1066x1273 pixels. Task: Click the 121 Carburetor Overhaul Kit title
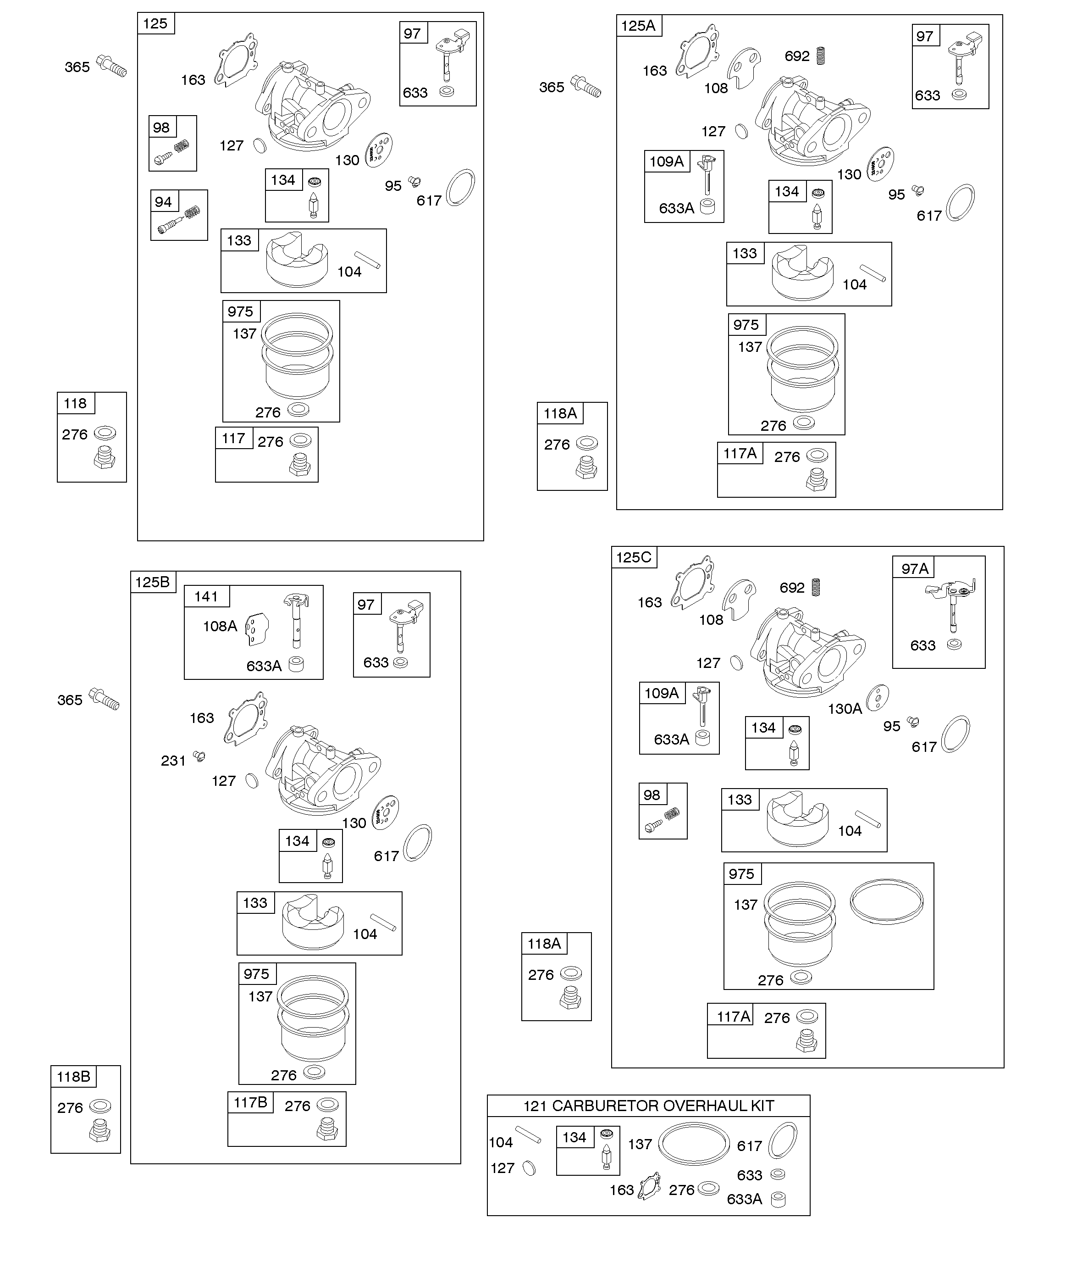pyautogui.click(x=648, y=1106)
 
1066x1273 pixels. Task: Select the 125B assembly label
pyautogui.click(x=152, y=582)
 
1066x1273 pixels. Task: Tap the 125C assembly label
pyautogui.click(x=633, y=557)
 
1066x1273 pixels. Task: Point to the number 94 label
pyautogui.click(x=163, y=202)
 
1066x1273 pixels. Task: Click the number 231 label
pyautogui.click(x=173, y=760)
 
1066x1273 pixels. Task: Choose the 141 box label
pyautogui.click(x=206, y=596)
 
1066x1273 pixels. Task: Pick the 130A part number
pyautogui.click(x=845, y=709)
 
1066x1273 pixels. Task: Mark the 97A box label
pyautogui.click(x=915, y=569)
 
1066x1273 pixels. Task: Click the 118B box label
pyautogui.click(x=73, y=1077)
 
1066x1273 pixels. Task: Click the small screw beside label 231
pyautogui.click(x=199, y=756)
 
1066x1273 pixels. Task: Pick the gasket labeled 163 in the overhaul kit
pyautogui.click(x=649, y=1186)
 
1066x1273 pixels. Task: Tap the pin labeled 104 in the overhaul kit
pyautogui.click(x=528, y=1135)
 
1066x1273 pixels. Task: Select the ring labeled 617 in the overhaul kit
pyautogui.click(x=783, y=1140)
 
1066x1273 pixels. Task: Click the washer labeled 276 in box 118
pyautogui.click(x=105, y=433)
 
